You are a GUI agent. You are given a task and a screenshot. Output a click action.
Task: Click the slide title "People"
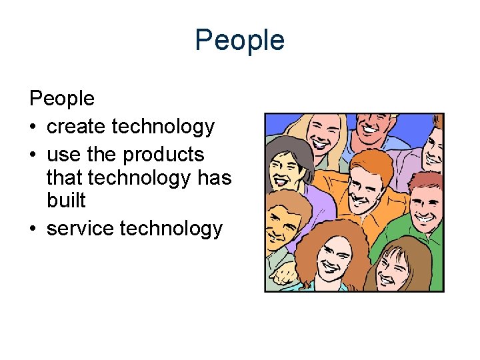tap(239, 41)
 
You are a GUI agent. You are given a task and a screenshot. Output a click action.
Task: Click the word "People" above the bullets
tap(62, 99)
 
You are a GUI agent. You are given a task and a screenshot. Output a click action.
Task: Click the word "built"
tap(66, 200)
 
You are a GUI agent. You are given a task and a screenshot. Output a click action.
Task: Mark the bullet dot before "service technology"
tap(33, 229)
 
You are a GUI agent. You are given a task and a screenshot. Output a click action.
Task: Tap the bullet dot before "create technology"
tap(33, 127)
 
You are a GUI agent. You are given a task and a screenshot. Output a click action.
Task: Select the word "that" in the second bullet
tap(65, 177)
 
